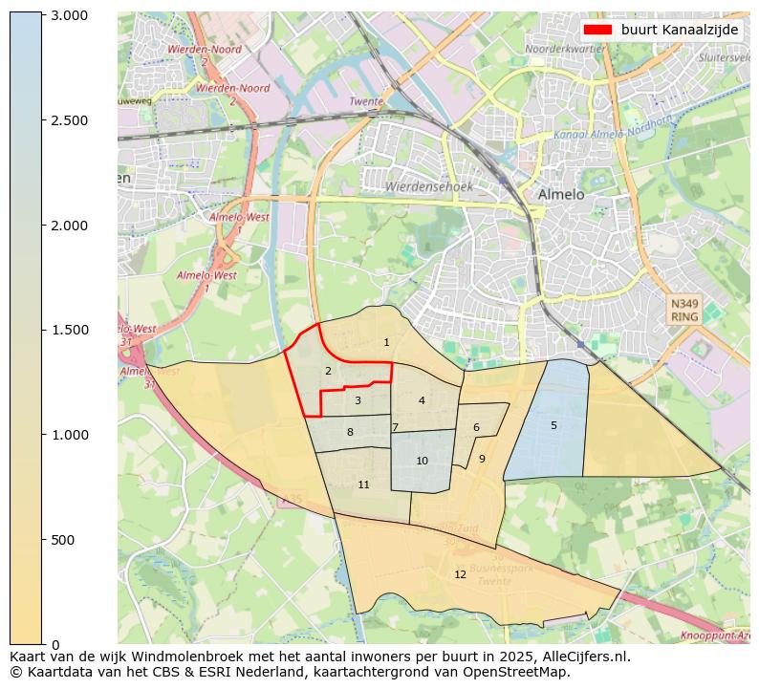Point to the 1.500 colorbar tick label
point(68,330)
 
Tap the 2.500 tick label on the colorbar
point(68,120)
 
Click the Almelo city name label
point(560,194)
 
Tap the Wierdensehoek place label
point(428,187)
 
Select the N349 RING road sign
point(684,310)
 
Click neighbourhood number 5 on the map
point(553,425)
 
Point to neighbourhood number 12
point(460,574)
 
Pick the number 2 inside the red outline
point(328,371)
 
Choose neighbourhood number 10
point(422,461)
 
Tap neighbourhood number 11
point(363,484)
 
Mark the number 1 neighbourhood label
point(386,342)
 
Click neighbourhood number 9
point(482,459)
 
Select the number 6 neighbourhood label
point(476,427)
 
